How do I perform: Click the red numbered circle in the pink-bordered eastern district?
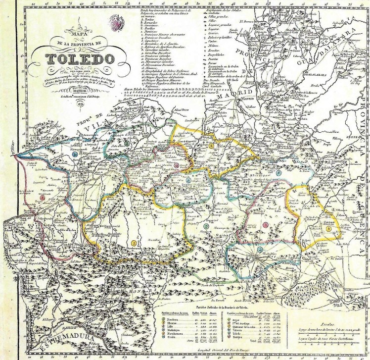pyautogui.click(x=266, y=224)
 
